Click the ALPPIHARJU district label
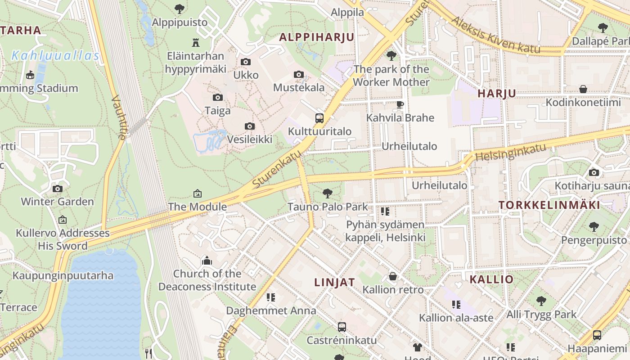point(317,37)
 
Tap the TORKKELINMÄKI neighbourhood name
point(549,205)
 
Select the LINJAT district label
point(334,282)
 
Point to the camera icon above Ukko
point(245,62)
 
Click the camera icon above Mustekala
point(298,74)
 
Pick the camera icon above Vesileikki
point(249,126)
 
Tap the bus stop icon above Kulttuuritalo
point(319,118)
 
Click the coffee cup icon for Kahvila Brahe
point(400,104)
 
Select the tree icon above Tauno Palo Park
point(328,193)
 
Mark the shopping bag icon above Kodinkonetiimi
point(583,89)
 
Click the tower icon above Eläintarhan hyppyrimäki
point(195,43)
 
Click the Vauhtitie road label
point(118,117)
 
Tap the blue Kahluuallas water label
point(55,56)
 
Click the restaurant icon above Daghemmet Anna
point(270,297)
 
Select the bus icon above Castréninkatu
point(342,327)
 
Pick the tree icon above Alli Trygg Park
point(541,301)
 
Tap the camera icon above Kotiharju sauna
point(594,172)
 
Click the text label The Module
point(197,207)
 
